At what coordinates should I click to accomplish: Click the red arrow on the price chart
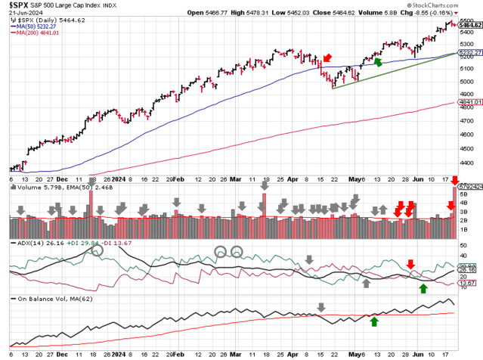(x=327, y=58)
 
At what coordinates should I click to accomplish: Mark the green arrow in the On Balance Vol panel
(x=374, y=321)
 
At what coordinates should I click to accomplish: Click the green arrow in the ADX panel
(x=423, y=288)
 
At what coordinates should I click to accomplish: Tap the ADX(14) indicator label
(x=26, y=244)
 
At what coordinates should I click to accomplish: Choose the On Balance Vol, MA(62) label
(x=53, y=297)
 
